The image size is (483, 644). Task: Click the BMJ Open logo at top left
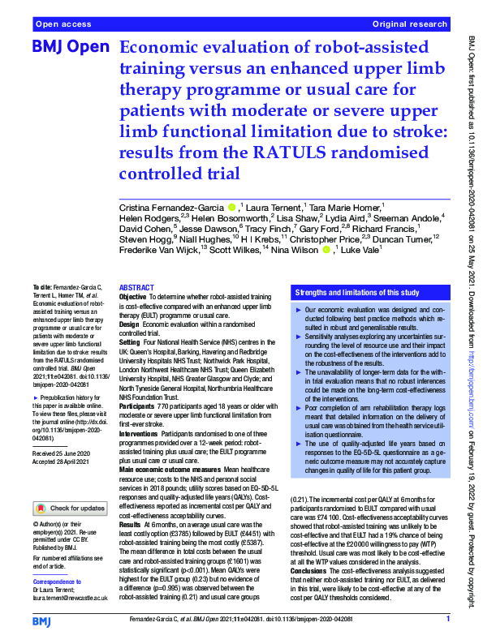coord(70,49)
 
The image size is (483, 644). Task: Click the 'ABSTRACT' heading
coord(136,288)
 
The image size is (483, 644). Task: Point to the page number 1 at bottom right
coord(447,619)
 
